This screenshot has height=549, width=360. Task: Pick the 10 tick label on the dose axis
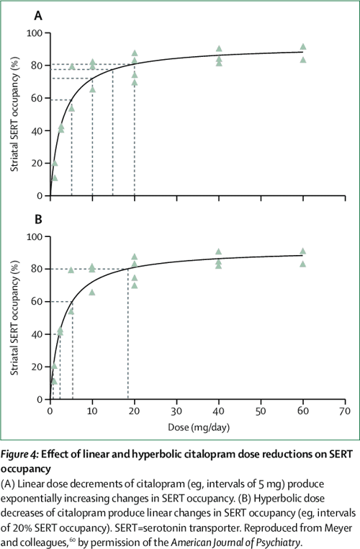pyautogui.click(x=92, y=411)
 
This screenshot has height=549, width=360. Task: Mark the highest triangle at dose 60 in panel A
pyautogui.click(x=303, y=47)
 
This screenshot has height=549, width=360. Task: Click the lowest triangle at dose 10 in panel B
pyautogui.click(x=92, y=292)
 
